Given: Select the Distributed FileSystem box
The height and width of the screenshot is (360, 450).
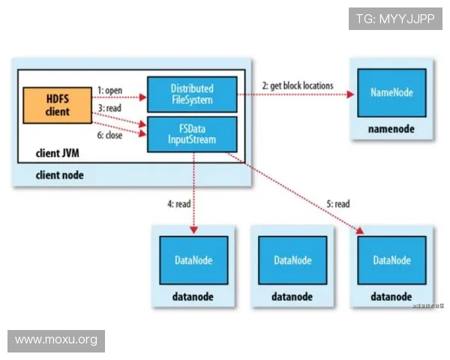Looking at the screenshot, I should coord(191,94).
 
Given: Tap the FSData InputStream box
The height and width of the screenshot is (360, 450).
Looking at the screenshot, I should coord(191,133).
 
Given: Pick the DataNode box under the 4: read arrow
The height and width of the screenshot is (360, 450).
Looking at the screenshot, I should coord(193,260).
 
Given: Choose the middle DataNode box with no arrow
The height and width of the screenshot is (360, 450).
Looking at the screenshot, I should coord(292,260).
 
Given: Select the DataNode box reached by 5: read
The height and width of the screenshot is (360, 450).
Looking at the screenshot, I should coord(391,260).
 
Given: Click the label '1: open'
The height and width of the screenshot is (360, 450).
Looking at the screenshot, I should coord(110,90).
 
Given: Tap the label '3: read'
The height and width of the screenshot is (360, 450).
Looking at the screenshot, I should coord(109,109).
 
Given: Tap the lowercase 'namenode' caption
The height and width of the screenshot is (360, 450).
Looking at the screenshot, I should coord(391,129).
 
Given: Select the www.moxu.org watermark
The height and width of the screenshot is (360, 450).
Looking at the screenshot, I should coord(56,340).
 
